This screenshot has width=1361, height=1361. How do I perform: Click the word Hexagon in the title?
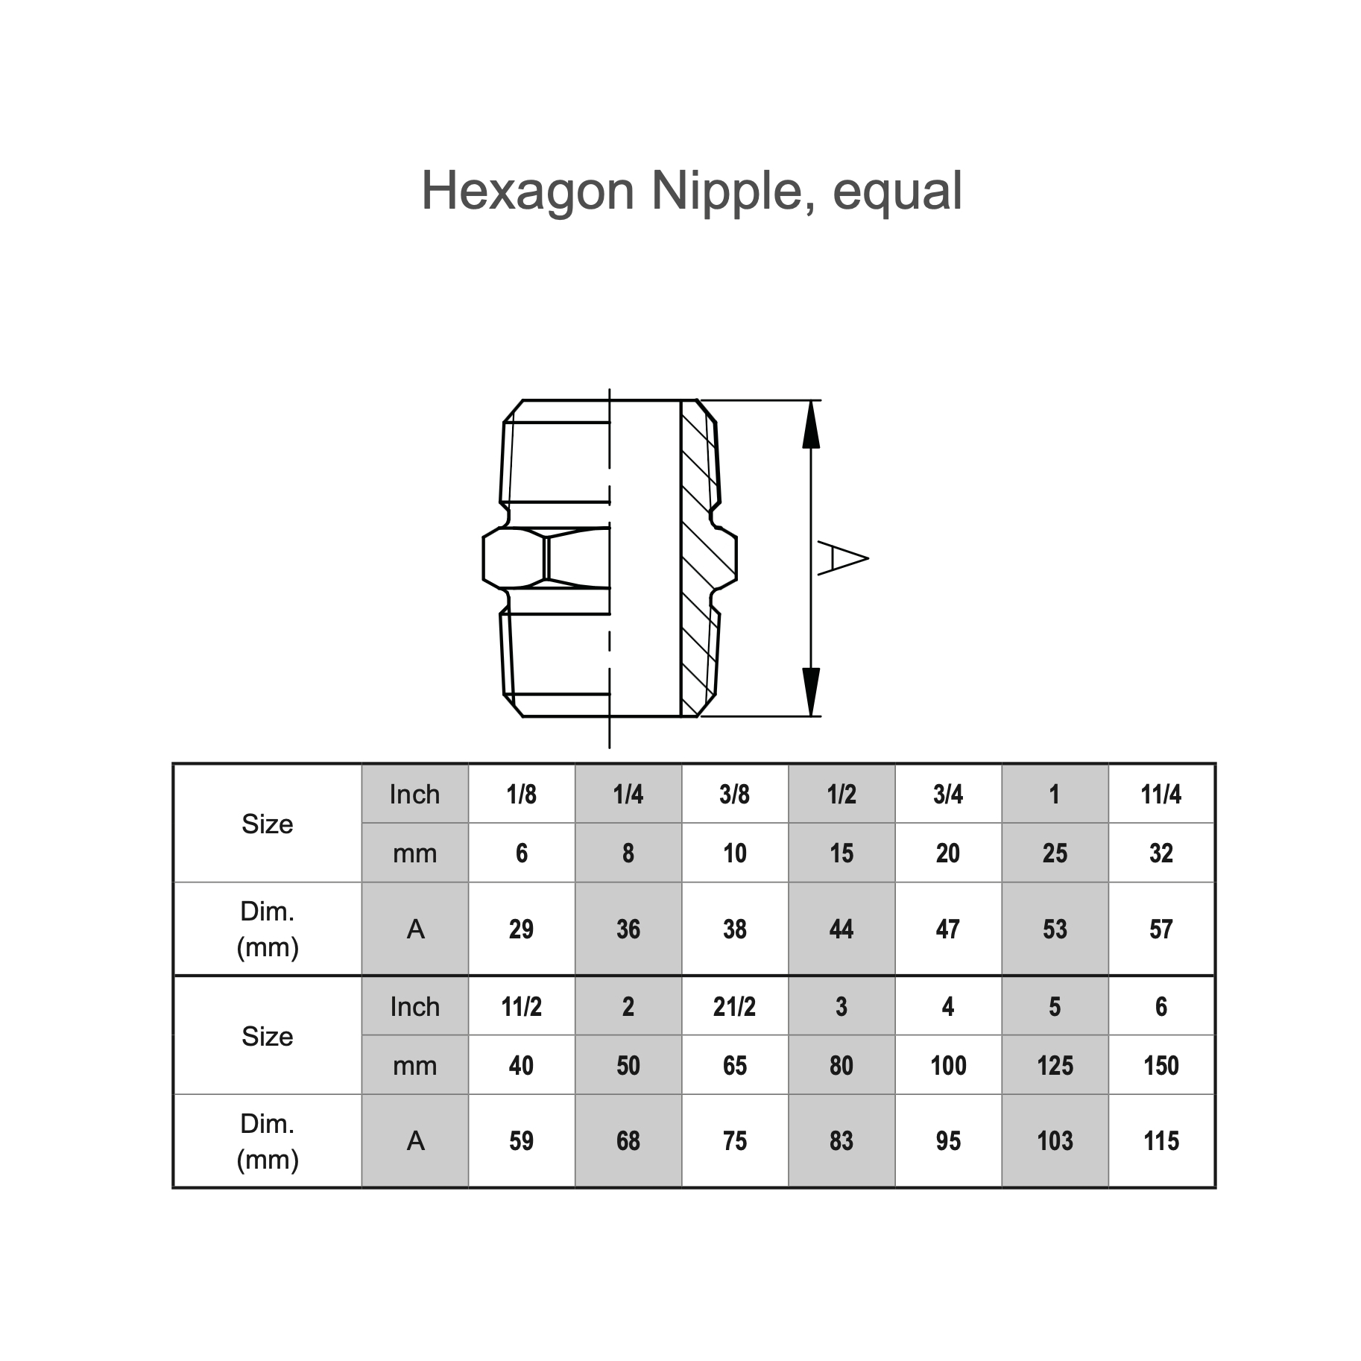coord(527,192)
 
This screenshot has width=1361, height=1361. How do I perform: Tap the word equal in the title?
coord(897,192)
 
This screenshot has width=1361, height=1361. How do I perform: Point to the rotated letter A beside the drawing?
coord(842,558)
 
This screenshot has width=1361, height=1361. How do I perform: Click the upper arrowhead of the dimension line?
coord(811,426)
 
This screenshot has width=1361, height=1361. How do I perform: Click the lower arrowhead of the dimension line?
coord(811,690)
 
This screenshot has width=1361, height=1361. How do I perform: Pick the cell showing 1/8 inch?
coord(521,795)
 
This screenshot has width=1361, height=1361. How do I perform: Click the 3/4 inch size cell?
coord(947,795)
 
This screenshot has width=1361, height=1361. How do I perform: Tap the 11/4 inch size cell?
coord(1161,795)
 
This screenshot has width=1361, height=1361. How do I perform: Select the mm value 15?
coord(841,853)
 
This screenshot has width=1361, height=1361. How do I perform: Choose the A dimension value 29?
coord(521,929)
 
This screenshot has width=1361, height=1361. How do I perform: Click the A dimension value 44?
coord(841,929)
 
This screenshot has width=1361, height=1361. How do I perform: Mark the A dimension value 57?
coord(1161,929)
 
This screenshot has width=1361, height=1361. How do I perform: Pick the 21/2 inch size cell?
coord(734,1007)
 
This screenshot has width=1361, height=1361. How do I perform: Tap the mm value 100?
coord(947,1066)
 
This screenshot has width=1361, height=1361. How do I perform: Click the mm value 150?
coord(1161,1066)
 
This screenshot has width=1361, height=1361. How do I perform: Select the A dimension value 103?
coord(1055,1141)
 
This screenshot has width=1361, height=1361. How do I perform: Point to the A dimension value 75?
coord(734,1141)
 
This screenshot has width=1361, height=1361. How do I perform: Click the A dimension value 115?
coord(1161,1141)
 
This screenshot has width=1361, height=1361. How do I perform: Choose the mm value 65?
coord(734,1066)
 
